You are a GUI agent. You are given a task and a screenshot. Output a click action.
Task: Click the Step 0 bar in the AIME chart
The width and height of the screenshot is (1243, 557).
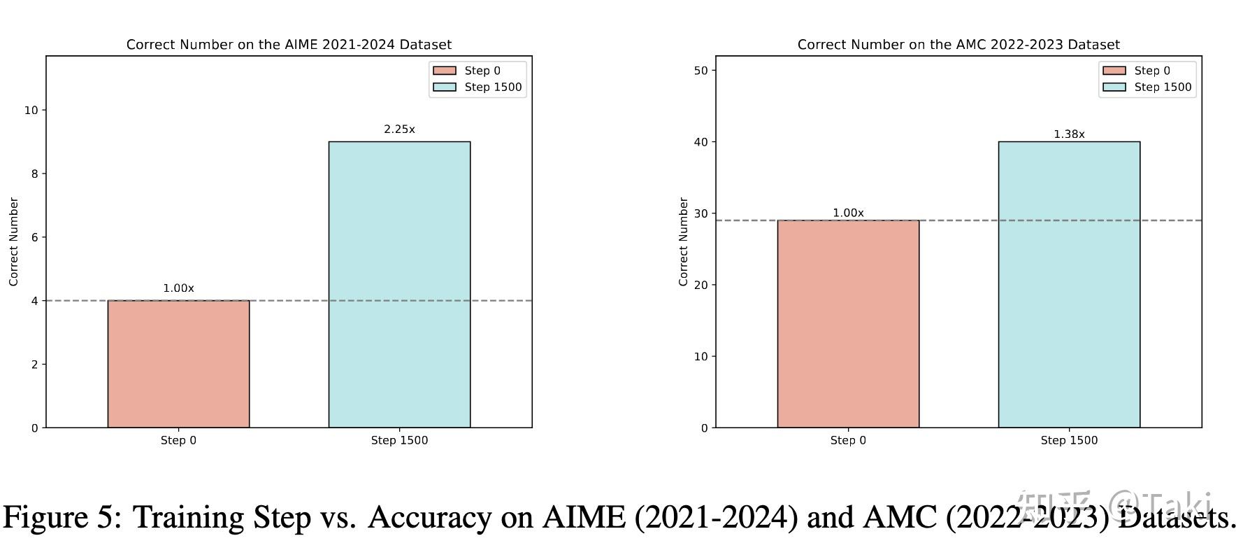(x=178, y=364)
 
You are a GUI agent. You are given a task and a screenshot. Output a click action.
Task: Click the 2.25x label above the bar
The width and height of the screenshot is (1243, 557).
(x=399, y=129)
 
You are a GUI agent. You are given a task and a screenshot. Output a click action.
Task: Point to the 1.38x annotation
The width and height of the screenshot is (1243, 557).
(x=1069, y=134)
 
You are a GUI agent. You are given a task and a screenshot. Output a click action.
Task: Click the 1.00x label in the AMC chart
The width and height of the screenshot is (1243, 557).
(x=848, y=213)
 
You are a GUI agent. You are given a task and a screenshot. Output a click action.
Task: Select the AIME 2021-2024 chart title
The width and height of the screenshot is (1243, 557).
(x=289, y=45)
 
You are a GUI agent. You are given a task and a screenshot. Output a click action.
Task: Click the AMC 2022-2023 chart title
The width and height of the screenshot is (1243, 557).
(x=958, y=45)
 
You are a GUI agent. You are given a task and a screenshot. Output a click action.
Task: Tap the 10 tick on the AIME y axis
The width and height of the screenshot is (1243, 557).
(x=31, y=110)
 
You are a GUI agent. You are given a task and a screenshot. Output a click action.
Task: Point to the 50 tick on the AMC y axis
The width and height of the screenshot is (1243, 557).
(x=700, y=70)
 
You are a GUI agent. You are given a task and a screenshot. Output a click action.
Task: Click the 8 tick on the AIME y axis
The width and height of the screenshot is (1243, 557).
(x=34, y=174)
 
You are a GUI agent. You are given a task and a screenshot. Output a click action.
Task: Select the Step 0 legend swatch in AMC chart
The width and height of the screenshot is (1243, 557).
(x=1114, y=71)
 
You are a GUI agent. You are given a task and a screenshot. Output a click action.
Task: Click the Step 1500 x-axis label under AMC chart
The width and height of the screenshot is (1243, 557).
(x=1069, y=440)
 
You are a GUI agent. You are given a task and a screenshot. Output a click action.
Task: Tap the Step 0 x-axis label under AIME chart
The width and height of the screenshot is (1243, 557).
(x=178, y=440)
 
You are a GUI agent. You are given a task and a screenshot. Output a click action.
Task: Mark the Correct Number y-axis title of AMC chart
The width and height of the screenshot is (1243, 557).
(x=684, y=241)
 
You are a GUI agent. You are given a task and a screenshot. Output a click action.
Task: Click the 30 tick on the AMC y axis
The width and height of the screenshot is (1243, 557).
(x=700, y=213)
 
